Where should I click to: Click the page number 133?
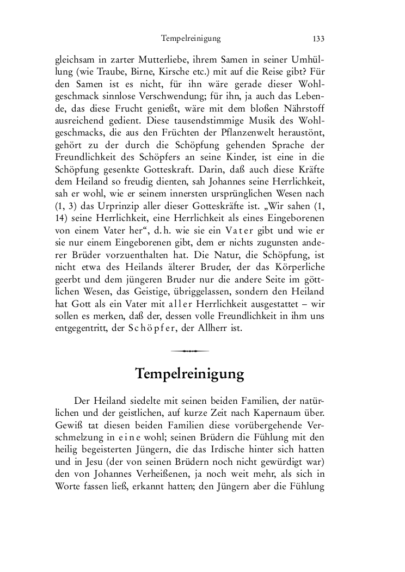[x=318, y=38]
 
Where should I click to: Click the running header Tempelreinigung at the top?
[x=191, y=38]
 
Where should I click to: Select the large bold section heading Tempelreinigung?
[x=189, y=374]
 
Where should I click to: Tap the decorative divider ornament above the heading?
[x=189, y=351]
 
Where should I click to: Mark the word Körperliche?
[x=300, y=270]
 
